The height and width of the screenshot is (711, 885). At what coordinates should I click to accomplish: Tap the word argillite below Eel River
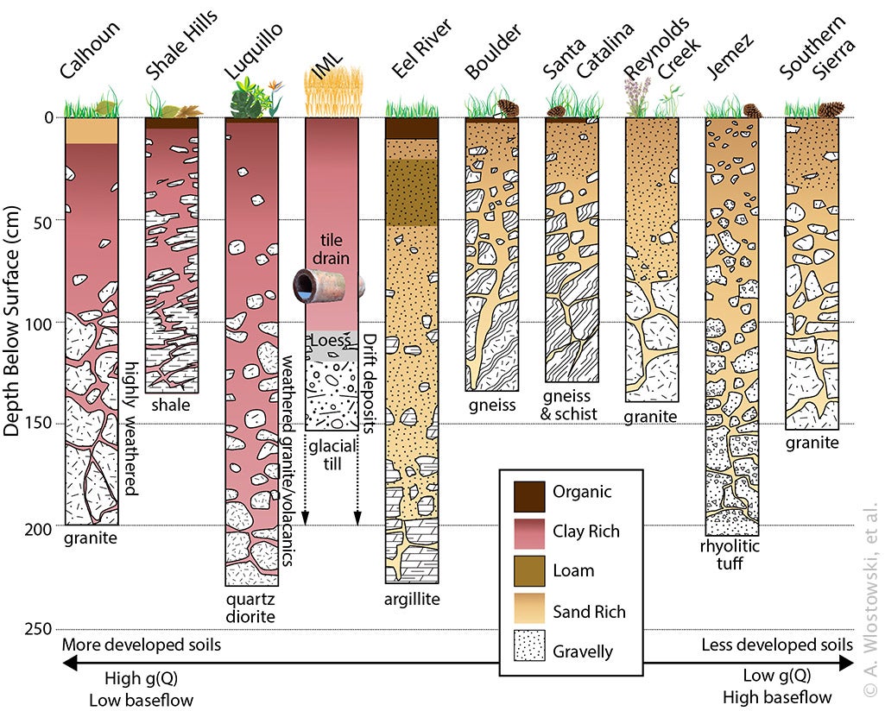(x=412, y=599)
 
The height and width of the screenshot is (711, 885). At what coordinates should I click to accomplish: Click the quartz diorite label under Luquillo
(x=251, y=607)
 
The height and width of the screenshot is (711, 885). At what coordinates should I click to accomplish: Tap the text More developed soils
(x=142, y=645)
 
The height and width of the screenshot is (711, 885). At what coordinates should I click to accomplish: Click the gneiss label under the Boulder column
(x=490, y=406)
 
